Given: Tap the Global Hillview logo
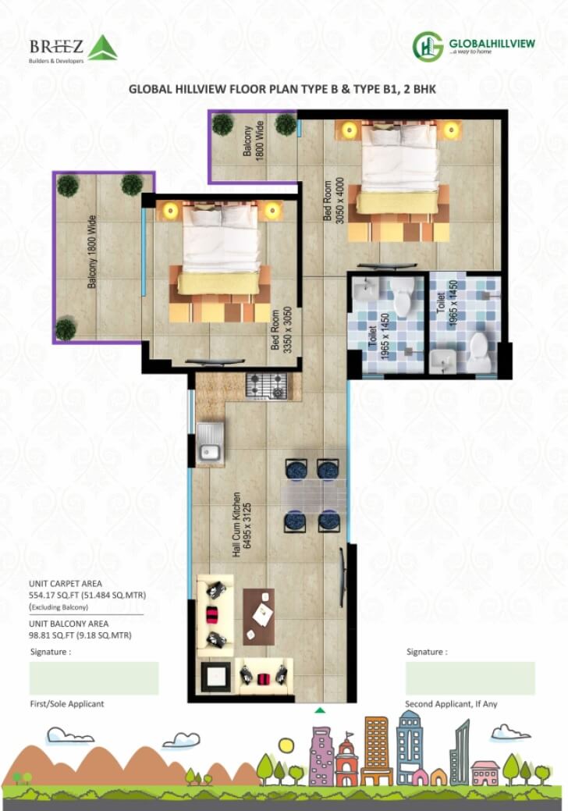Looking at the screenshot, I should [474, 45].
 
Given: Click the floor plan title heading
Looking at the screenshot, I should [282, 90].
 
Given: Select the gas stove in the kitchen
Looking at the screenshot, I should [266, 385].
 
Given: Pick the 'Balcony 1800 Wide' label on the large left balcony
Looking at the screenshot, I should [92, 252].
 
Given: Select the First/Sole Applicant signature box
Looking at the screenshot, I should [94, 678].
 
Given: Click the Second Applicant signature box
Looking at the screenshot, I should [470, 678].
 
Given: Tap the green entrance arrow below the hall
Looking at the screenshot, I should [319, 710].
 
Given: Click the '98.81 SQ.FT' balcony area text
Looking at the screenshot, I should [53, 635].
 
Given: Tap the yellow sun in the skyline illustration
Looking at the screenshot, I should [286, 745].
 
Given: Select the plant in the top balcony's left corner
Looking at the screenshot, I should [223, 123].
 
